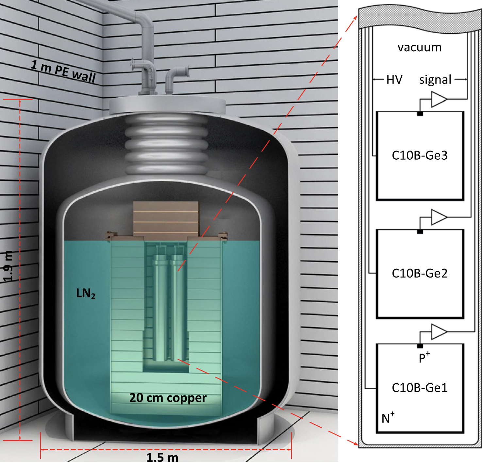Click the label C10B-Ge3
pos(420,155)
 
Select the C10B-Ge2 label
pos(420,273)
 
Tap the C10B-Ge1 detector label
pos(420,388)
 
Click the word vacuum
pos(420,48)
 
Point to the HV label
pos(394,80)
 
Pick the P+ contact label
pos(424,358)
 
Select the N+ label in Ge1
pos(388,418)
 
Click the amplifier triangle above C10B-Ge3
pos(438,99)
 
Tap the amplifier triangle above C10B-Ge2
pos(438,217)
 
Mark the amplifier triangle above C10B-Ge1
pos(438,332)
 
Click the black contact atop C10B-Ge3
pos(420,114)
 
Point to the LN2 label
pos(86,294)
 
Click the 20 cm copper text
pos(168,398)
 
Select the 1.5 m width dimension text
pos(162,457)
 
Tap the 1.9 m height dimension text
pos(8,266)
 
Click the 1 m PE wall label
pos(63,71)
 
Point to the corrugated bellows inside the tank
pos(166,144)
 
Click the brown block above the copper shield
pos(166,218)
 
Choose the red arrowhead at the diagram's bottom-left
pos(355,443)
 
